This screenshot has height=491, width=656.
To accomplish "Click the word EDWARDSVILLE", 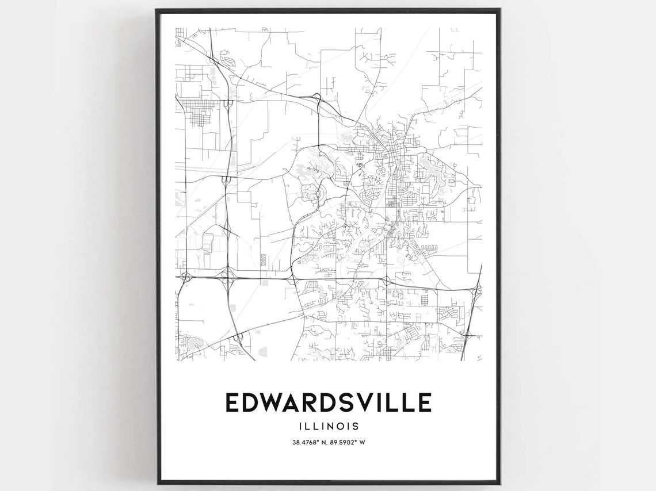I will (328, 402).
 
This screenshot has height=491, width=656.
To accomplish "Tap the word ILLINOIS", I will (328, 426).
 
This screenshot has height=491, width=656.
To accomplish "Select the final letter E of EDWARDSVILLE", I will (424, 402).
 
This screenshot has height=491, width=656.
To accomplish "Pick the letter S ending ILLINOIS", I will (356, 426).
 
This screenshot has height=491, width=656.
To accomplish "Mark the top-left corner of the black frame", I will (157, 10).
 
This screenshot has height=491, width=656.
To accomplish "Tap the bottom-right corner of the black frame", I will (499, 483).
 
